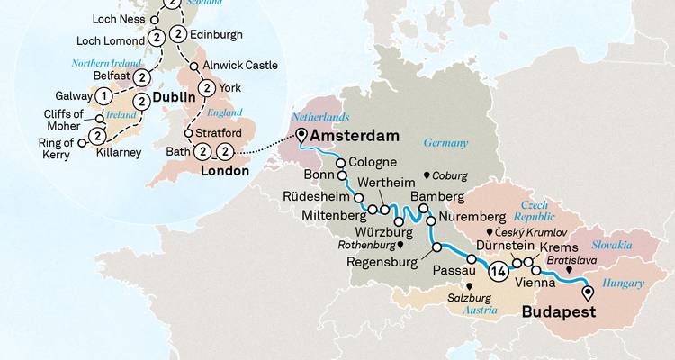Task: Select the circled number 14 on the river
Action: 498,269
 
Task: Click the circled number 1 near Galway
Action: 105,96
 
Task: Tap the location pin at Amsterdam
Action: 300,137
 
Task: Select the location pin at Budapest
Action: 589,292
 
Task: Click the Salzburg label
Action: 470,295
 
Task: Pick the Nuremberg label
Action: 473,218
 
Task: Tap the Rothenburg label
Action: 368,244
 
